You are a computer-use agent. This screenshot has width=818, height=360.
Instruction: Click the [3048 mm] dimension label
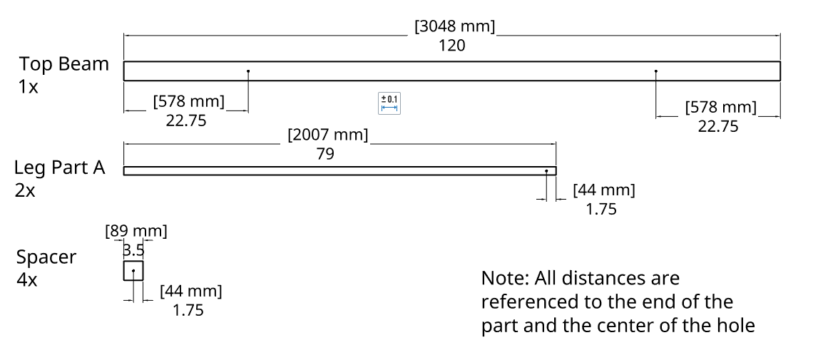coord(454,26)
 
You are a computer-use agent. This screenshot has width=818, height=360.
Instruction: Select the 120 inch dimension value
coord(452,46)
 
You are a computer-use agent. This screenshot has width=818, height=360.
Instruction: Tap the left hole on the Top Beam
coord(248,71)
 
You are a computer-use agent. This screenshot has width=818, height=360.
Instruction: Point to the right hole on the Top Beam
coord(656,71)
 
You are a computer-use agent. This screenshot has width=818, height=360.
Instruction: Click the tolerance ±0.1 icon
coord(389,103)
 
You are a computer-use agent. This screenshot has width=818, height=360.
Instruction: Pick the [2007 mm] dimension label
coord(327,135)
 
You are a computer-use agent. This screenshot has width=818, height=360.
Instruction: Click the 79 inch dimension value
coord(324,153)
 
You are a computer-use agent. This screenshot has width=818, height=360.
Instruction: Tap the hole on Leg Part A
coord(546,171)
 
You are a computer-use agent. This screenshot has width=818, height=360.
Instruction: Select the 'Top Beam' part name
coord(64,64)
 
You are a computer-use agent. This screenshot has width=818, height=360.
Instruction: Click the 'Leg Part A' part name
coord(60,168)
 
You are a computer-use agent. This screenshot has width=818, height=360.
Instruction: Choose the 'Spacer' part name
coord(46,257)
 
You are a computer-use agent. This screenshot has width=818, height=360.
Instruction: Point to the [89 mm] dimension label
coord(136,231)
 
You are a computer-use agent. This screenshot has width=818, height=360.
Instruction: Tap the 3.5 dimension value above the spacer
coord(134,250)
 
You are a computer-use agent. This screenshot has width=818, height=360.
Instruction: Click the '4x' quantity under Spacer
coord(27,279)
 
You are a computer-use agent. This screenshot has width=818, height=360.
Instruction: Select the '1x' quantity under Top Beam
coord(29,87)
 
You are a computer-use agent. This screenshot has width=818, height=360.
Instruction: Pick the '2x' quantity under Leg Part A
coord(25,191)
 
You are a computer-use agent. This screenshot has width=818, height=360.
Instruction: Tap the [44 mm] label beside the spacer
coord(190,291)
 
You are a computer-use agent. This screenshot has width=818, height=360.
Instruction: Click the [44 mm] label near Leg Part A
coord(603,190)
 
